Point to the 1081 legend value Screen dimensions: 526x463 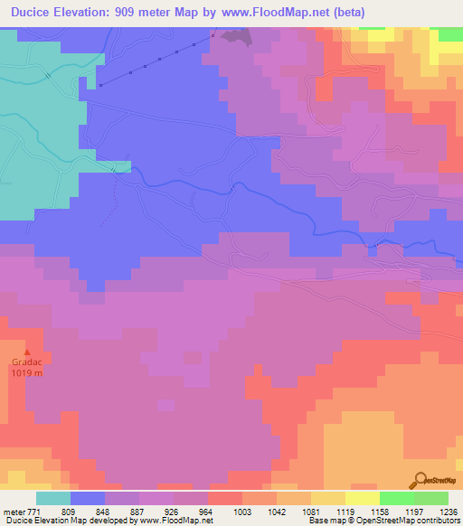click(311, 511)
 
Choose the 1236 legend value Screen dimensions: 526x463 click(449, 511)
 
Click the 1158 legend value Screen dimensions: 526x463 click(380, 511)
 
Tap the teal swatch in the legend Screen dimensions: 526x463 click(53, 498)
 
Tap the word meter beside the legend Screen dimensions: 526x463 click(14, 511)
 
